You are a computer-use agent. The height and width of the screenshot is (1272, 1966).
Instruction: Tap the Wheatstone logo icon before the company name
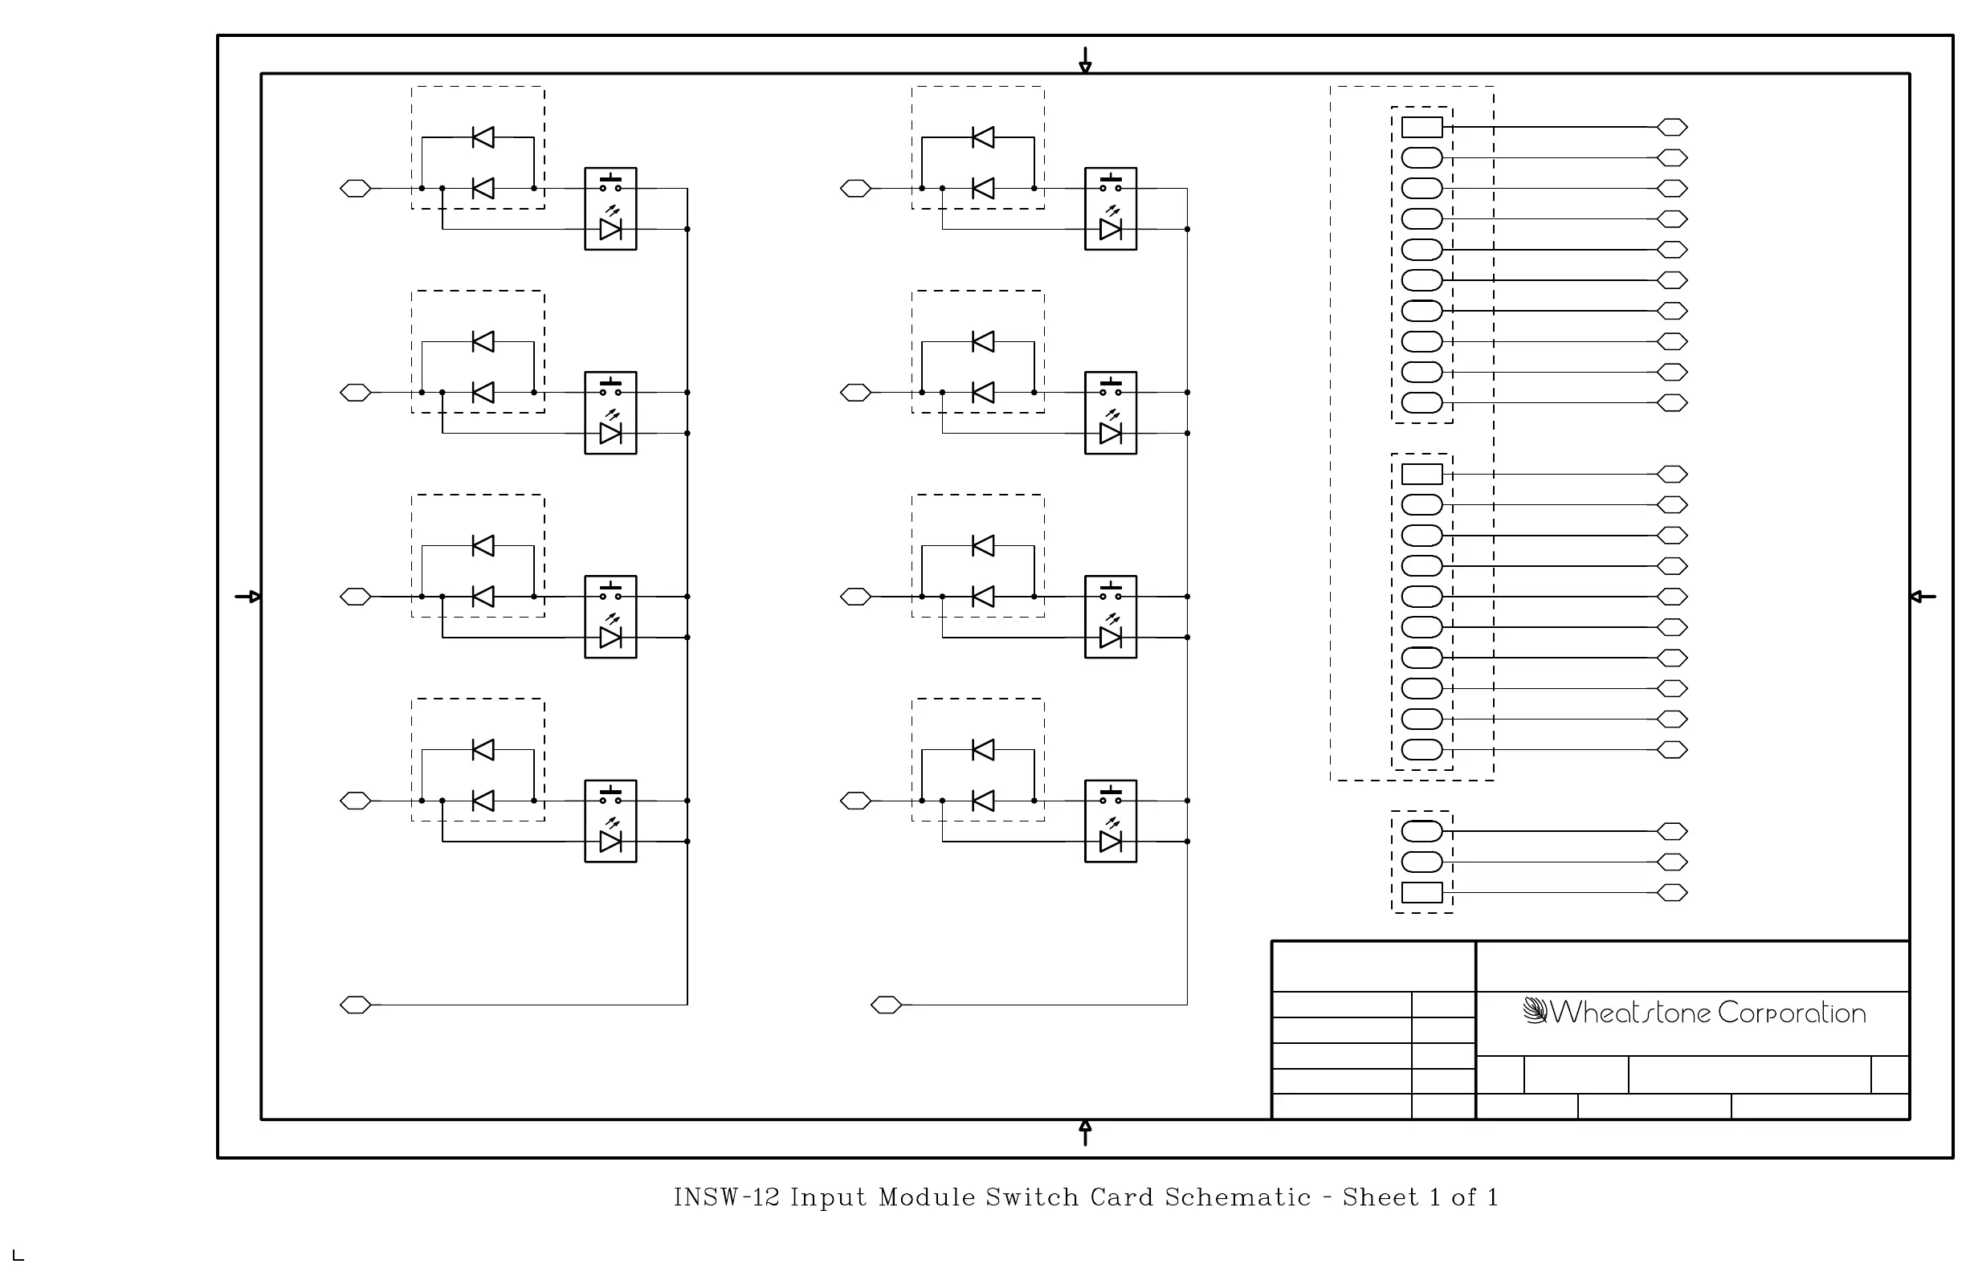pyautogui.click(x=1534, y=1011)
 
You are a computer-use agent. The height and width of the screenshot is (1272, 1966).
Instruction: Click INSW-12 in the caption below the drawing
pyautogui.click(x=726, y=1197)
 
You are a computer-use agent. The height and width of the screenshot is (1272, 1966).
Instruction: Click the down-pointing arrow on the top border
pyautogui.click(x=1086, y=60)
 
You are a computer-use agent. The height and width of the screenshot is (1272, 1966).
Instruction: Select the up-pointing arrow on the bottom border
pyautogui.click(x=1086, y=1132)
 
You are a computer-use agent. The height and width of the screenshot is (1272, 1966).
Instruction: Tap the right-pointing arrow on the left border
pyautogui.click(x=248, y=597)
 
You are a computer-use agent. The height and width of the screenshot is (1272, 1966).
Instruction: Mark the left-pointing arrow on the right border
pyautogui.click(x=1923, y=597)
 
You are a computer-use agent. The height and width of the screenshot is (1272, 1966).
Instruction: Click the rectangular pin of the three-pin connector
pyautogui.click(x=1421, y=893)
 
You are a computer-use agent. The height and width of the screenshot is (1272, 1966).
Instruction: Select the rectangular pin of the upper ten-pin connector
pyautogui.click(x=1421, y=127)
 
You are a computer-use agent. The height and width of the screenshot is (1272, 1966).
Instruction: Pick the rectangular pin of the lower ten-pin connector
pyautogui.click(x=1421, y=474)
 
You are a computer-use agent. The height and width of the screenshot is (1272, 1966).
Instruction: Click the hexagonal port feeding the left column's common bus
pyautogui.click(x=355, y=1005)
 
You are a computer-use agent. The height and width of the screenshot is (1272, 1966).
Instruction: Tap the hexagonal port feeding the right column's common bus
pyautogui.click(x=887, y=1005)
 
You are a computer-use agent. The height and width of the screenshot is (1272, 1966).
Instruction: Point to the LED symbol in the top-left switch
pyautogui.click(x=610, y=229)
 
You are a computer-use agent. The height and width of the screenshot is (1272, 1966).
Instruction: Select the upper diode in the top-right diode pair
pyautogui.click(x=983, y=137)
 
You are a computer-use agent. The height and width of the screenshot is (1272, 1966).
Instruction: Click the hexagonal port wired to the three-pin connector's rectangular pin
pyautogui.click(x=1672, y=893)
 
